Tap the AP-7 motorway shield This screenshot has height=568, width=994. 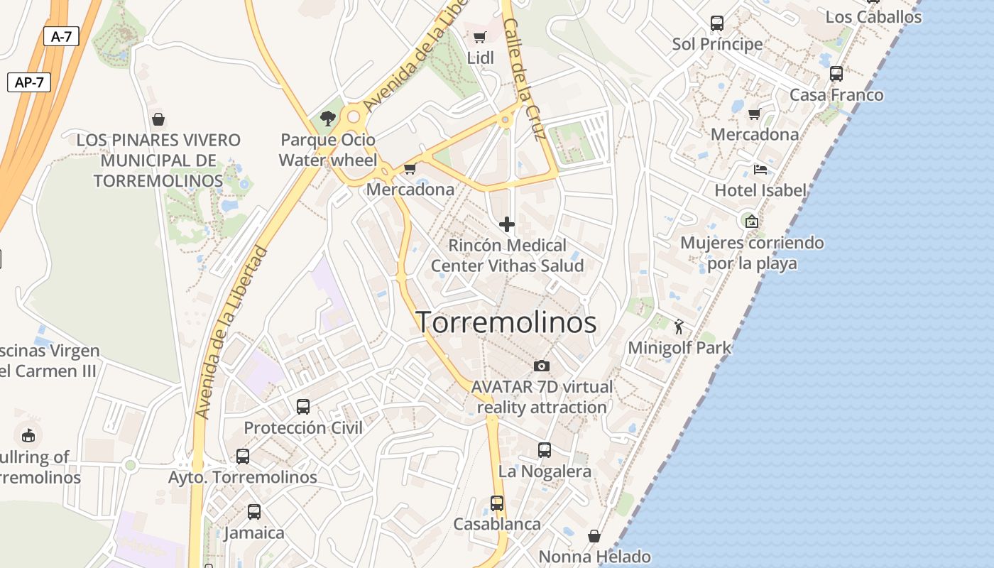[x=29, y=82]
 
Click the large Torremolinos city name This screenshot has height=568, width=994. [x=506, y=322]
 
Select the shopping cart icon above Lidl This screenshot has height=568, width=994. [x=480, y=37]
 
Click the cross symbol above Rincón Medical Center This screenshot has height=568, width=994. [x=507, y=225]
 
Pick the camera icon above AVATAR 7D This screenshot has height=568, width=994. [x=542, y=366]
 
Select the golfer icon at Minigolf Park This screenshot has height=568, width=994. [x=679, y=327]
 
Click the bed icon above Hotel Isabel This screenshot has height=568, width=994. [x=760, y=169]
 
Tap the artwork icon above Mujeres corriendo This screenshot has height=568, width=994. [x=751, y=222]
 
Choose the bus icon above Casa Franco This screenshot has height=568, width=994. [x=836, y=73]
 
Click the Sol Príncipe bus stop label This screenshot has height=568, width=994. [x=717, y=44]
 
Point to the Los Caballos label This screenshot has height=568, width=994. [x=873, y=16]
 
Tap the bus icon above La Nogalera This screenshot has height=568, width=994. [x=545, y=450]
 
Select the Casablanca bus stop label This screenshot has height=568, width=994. [x=497, y=524]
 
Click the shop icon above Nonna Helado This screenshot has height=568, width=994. [x=594, y=535]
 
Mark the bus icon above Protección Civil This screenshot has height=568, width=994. [x=303, y=407]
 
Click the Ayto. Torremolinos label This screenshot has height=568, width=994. [x=242, y=477]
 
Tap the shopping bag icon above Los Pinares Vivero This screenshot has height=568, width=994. [x=158, y=119]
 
